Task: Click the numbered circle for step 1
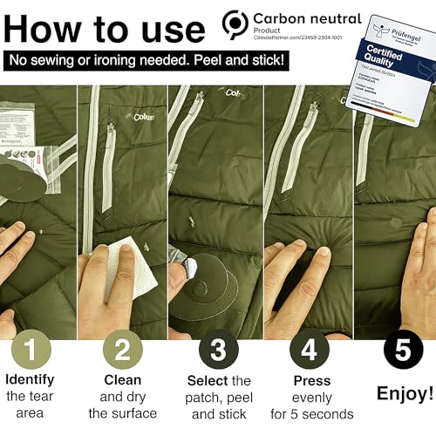coord(31,351)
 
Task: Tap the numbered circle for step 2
coord(122,351)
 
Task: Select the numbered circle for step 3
coord(218,351)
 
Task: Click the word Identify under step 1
coord(31,380)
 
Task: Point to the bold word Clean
coord(122,380)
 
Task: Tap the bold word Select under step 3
coord(207,380)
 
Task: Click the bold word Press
coord(311,380)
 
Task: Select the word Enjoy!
coord(405,393)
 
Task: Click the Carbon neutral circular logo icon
coord(235,23)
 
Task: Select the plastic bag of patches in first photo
coord(26,131)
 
